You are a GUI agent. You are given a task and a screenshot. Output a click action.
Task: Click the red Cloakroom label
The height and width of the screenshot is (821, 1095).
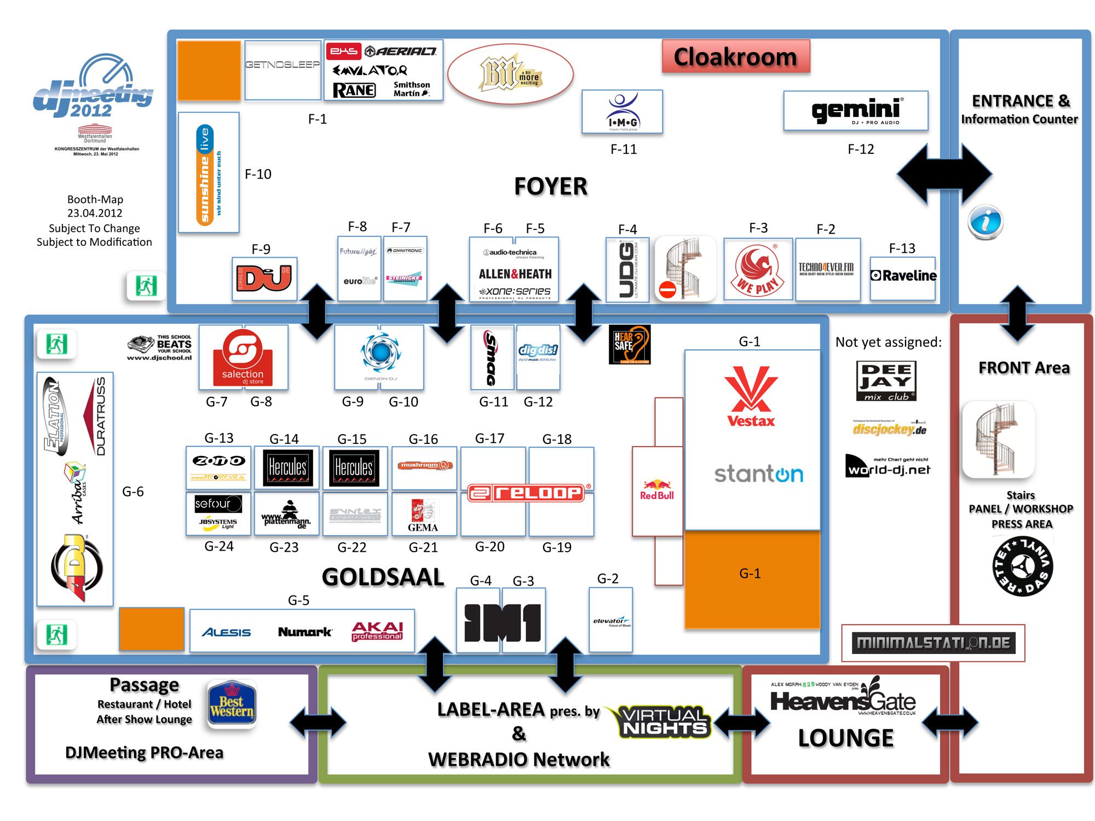point(735,57)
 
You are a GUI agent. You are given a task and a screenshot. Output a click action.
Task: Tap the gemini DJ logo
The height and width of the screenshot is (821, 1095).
point(856,111)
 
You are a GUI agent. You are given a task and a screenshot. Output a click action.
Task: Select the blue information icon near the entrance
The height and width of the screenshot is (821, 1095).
point(985,222)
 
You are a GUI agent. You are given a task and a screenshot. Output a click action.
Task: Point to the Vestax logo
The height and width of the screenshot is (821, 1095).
point(751,397)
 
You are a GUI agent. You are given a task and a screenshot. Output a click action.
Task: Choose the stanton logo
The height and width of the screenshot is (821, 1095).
point(758,474)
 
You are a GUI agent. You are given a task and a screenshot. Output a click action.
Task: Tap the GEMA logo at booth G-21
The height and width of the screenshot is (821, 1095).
point(423,516)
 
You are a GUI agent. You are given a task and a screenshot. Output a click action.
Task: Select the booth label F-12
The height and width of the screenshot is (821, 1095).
point(861,149)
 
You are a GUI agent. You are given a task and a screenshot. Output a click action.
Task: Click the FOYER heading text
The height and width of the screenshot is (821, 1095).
point(551,187)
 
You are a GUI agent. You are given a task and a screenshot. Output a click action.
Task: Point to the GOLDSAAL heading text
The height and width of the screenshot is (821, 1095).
point(383,577)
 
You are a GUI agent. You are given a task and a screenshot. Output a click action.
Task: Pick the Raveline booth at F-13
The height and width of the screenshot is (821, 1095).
point(903,276)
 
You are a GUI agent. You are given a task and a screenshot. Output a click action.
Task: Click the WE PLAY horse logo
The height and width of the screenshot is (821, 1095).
point(758,270)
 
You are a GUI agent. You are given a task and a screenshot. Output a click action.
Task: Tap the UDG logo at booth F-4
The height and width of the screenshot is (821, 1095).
point(627,270)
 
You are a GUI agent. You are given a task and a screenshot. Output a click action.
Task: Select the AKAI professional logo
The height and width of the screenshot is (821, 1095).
point(377,631)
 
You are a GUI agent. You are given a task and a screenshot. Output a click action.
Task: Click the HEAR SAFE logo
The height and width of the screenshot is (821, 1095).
point(630,345)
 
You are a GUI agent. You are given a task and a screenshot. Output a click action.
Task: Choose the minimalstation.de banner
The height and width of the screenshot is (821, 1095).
point(933,643)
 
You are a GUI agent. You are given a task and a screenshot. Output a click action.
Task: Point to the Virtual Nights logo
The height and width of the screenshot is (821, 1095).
point(663,721)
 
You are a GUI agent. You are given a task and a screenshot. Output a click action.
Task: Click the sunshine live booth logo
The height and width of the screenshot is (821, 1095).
point(209,174)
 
